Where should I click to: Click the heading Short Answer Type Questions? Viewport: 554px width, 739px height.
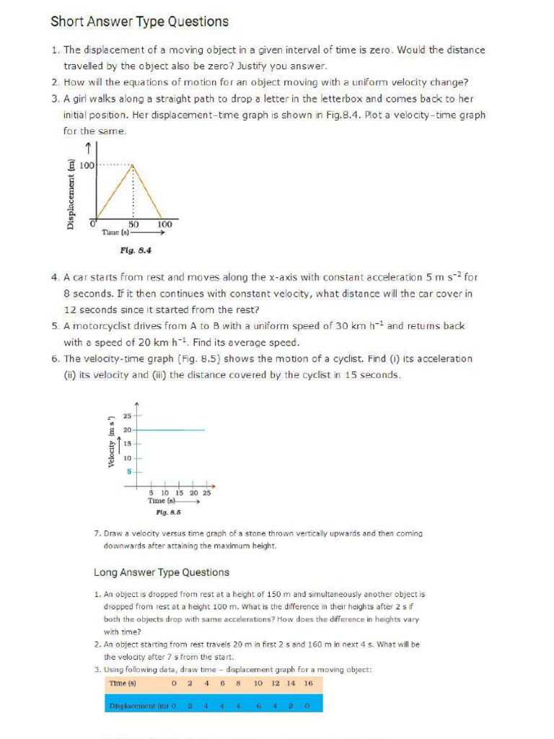coord(139,22)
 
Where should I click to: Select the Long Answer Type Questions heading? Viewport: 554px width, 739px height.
coord(162,572)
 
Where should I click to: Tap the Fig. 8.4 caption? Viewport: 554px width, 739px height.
coord(136,250)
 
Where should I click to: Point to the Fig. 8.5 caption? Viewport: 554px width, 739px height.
coord(168,512)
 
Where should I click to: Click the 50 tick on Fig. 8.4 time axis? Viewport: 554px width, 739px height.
coord(133,224)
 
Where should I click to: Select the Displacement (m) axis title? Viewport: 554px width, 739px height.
coord(71,193)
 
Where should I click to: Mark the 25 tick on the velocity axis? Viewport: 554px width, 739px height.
coord(127,416)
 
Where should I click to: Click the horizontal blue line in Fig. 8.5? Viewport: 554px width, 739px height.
coord(173,430)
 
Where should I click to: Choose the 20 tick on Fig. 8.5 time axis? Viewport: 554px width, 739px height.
coord(194,492)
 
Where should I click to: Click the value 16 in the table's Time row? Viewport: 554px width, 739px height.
coord(308,683)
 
